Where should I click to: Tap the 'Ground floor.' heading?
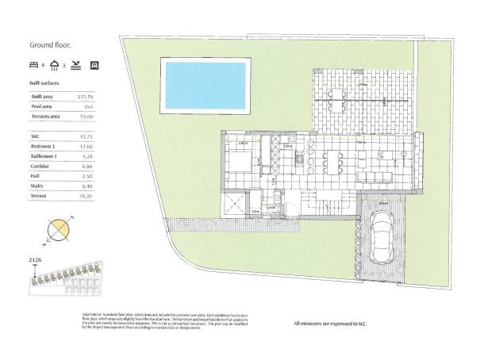pos(49,45)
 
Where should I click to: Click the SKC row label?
pos(34,137)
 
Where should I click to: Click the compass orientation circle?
pos(59,232)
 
